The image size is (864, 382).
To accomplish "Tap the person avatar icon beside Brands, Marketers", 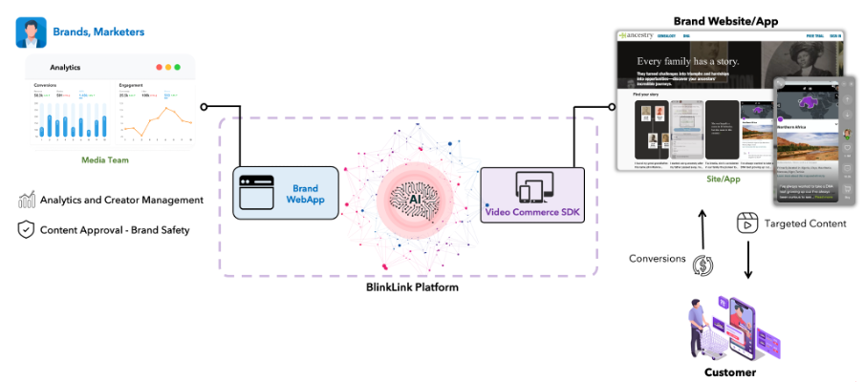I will (31, 32).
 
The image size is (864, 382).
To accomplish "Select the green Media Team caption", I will (105, 159).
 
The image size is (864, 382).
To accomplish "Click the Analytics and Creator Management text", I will (121, 201).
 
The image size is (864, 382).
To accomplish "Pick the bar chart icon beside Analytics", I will (26, 201).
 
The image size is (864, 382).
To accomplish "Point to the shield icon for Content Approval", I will (26, 229).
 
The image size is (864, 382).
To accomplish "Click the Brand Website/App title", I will (727, 20).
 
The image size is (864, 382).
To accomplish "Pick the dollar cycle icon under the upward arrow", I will (704, 265).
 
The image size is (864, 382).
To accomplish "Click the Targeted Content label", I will (805, 224).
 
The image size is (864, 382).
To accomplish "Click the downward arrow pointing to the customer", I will (747, 262).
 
